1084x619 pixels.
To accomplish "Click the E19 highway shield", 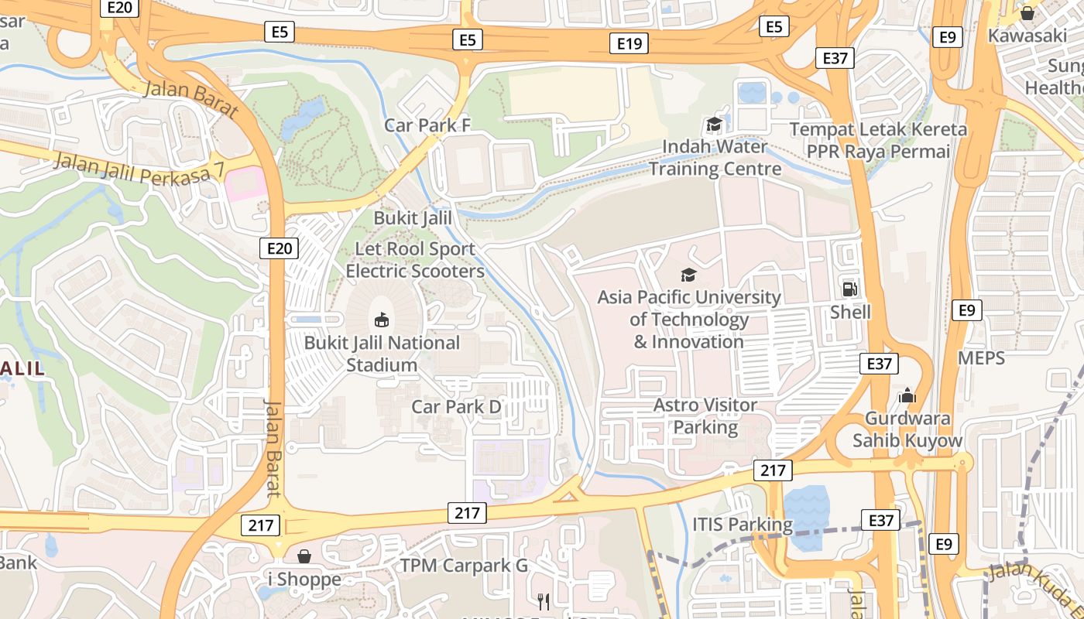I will click(x=629, y=44).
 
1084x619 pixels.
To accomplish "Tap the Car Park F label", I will click(x=427, y=125).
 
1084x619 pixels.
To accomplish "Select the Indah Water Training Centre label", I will click(x=715, y=157).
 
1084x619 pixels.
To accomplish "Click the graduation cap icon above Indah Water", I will click(x=713, y=125).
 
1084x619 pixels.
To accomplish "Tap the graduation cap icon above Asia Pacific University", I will click(x=688, y=275).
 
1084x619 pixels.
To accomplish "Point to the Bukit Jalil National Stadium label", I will click(x=382, y=354).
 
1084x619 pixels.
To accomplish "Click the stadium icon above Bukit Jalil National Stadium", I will click(x=382, y=320).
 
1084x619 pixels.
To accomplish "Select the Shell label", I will click(x=850, y=312).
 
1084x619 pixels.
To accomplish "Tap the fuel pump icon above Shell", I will click(x=850, y=289).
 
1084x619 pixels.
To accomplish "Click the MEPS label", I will click(x=981, y=357).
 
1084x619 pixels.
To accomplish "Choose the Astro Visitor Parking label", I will click(x=705, y=416).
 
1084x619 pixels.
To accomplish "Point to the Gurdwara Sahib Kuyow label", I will click(x=907, y=429).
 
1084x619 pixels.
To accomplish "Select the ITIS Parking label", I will click(x=743, y=525).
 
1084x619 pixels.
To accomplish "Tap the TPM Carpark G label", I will click(x=464, y=566).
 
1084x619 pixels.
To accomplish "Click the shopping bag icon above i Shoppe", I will click(x=304, y=556).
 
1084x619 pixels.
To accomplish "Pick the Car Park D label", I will click(x=457, y=406).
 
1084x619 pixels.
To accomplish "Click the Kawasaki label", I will click(x=1027, y=36).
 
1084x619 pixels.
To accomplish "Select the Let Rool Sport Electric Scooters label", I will click(x=415, y=260).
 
